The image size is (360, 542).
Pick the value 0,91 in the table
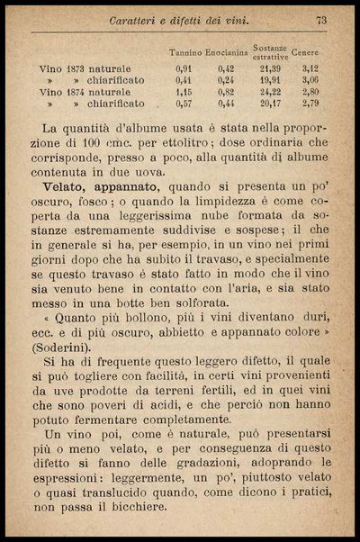click(184, 68)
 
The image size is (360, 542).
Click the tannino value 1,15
click(184, 92)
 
